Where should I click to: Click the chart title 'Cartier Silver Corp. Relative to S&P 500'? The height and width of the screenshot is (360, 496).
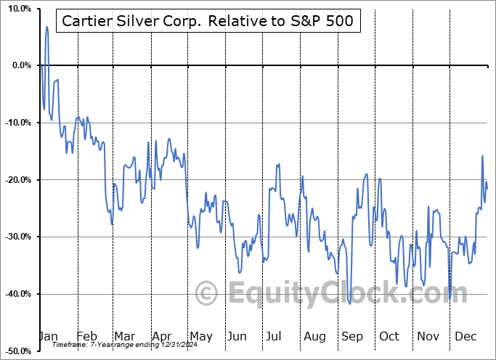[x=208, y=20]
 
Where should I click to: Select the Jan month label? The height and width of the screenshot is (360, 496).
[x=47, y=336]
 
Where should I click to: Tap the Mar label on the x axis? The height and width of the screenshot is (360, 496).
[x=125, y=336]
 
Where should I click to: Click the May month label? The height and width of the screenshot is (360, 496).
[x=200, y=336]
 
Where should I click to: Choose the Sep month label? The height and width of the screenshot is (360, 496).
[x=352, y=336]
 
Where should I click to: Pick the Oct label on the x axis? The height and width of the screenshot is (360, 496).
[x=389, y=336]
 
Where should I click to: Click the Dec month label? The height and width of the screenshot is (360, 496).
[x=465, y=336]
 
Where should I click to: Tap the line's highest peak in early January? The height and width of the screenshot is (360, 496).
[x=46, y=27]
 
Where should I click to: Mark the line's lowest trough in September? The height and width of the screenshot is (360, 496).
[x=350, y=303]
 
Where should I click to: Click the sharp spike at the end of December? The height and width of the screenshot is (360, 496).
[x=481, y=156]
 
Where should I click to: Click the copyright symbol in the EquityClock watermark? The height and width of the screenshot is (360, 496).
[x=208, y=293]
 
